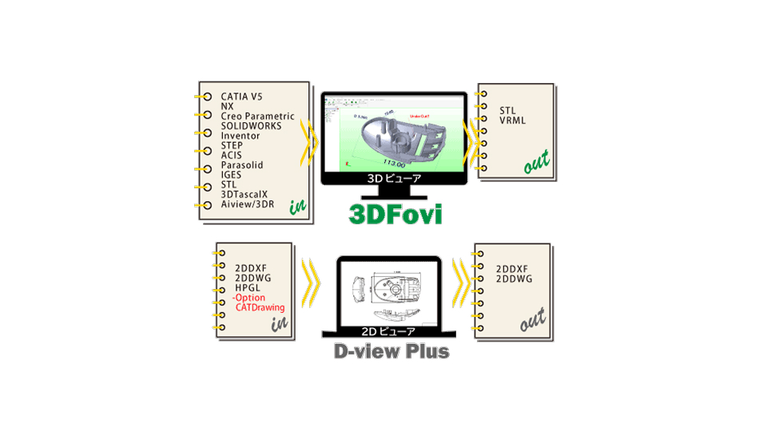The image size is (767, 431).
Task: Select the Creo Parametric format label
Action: click(257, 117)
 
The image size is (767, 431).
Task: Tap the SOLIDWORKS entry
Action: click(253, 126)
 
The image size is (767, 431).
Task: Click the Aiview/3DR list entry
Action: click(247, 204)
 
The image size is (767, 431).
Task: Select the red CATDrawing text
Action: click(260, 306)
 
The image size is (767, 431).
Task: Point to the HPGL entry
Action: click(248, 287)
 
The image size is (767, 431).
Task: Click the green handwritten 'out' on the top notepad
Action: click(536, 163)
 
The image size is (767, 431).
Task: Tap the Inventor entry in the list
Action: click(240, 136)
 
